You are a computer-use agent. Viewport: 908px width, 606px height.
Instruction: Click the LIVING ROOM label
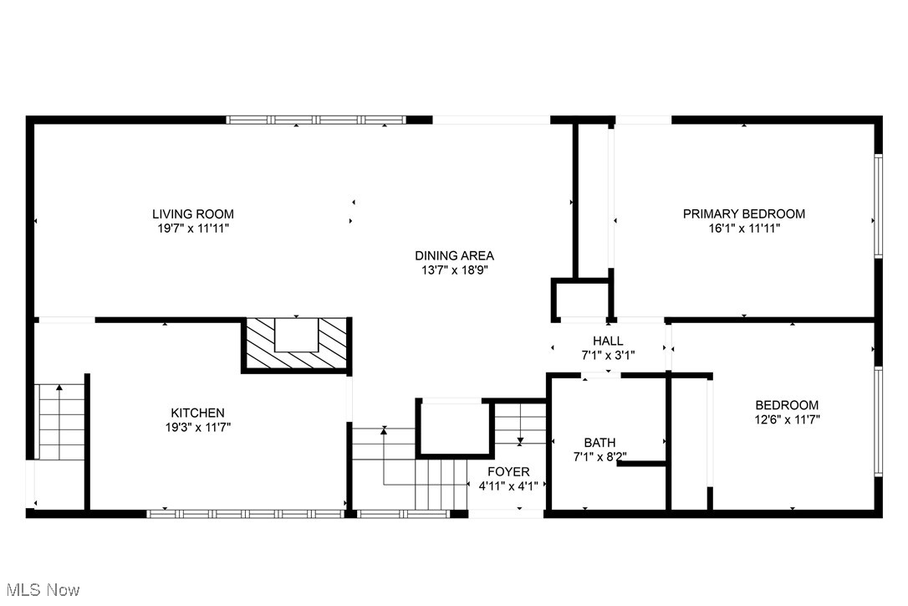point(192,213)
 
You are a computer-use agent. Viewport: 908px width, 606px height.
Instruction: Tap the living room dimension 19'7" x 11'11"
point(192,228)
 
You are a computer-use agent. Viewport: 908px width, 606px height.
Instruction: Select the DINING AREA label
point(455,255)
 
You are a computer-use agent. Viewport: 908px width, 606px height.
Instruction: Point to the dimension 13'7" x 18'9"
point(455,270)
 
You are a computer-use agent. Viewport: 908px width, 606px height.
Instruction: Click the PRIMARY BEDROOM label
point(744,213)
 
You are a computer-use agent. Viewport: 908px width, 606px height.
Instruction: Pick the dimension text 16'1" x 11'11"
point(744,228)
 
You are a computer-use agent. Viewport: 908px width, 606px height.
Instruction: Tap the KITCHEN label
point(197,413)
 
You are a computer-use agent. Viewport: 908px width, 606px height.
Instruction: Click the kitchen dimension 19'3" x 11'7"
point(197,427)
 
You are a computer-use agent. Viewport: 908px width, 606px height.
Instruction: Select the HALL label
point(608,341)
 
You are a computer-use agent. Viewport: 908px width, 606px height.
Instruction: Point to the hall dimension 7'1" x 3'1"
point(608,355)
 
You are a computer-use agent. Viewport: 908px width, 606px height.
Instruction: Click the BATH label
point(599,442)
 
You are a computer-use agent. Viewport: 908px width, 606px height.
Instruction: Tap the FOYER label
point(509,471)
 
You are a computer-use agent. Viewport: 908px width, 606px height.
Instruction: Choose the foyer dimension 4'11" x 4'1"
point(509,485)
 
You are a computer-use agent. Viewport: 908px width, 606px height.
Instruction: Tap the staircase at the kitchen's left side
point(60,422)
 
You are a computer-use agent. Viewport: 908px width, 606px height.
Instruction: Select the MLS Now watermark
point(40,590)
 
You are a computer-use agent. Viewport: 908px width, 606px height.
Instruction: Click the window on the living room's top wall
point(316,120)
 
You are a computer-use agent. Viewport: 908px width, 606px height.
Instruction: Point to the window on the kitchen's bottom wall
point(247,513)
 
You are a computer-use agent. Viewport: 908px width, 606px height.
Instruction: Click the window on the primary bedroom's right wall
point(878,205)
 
